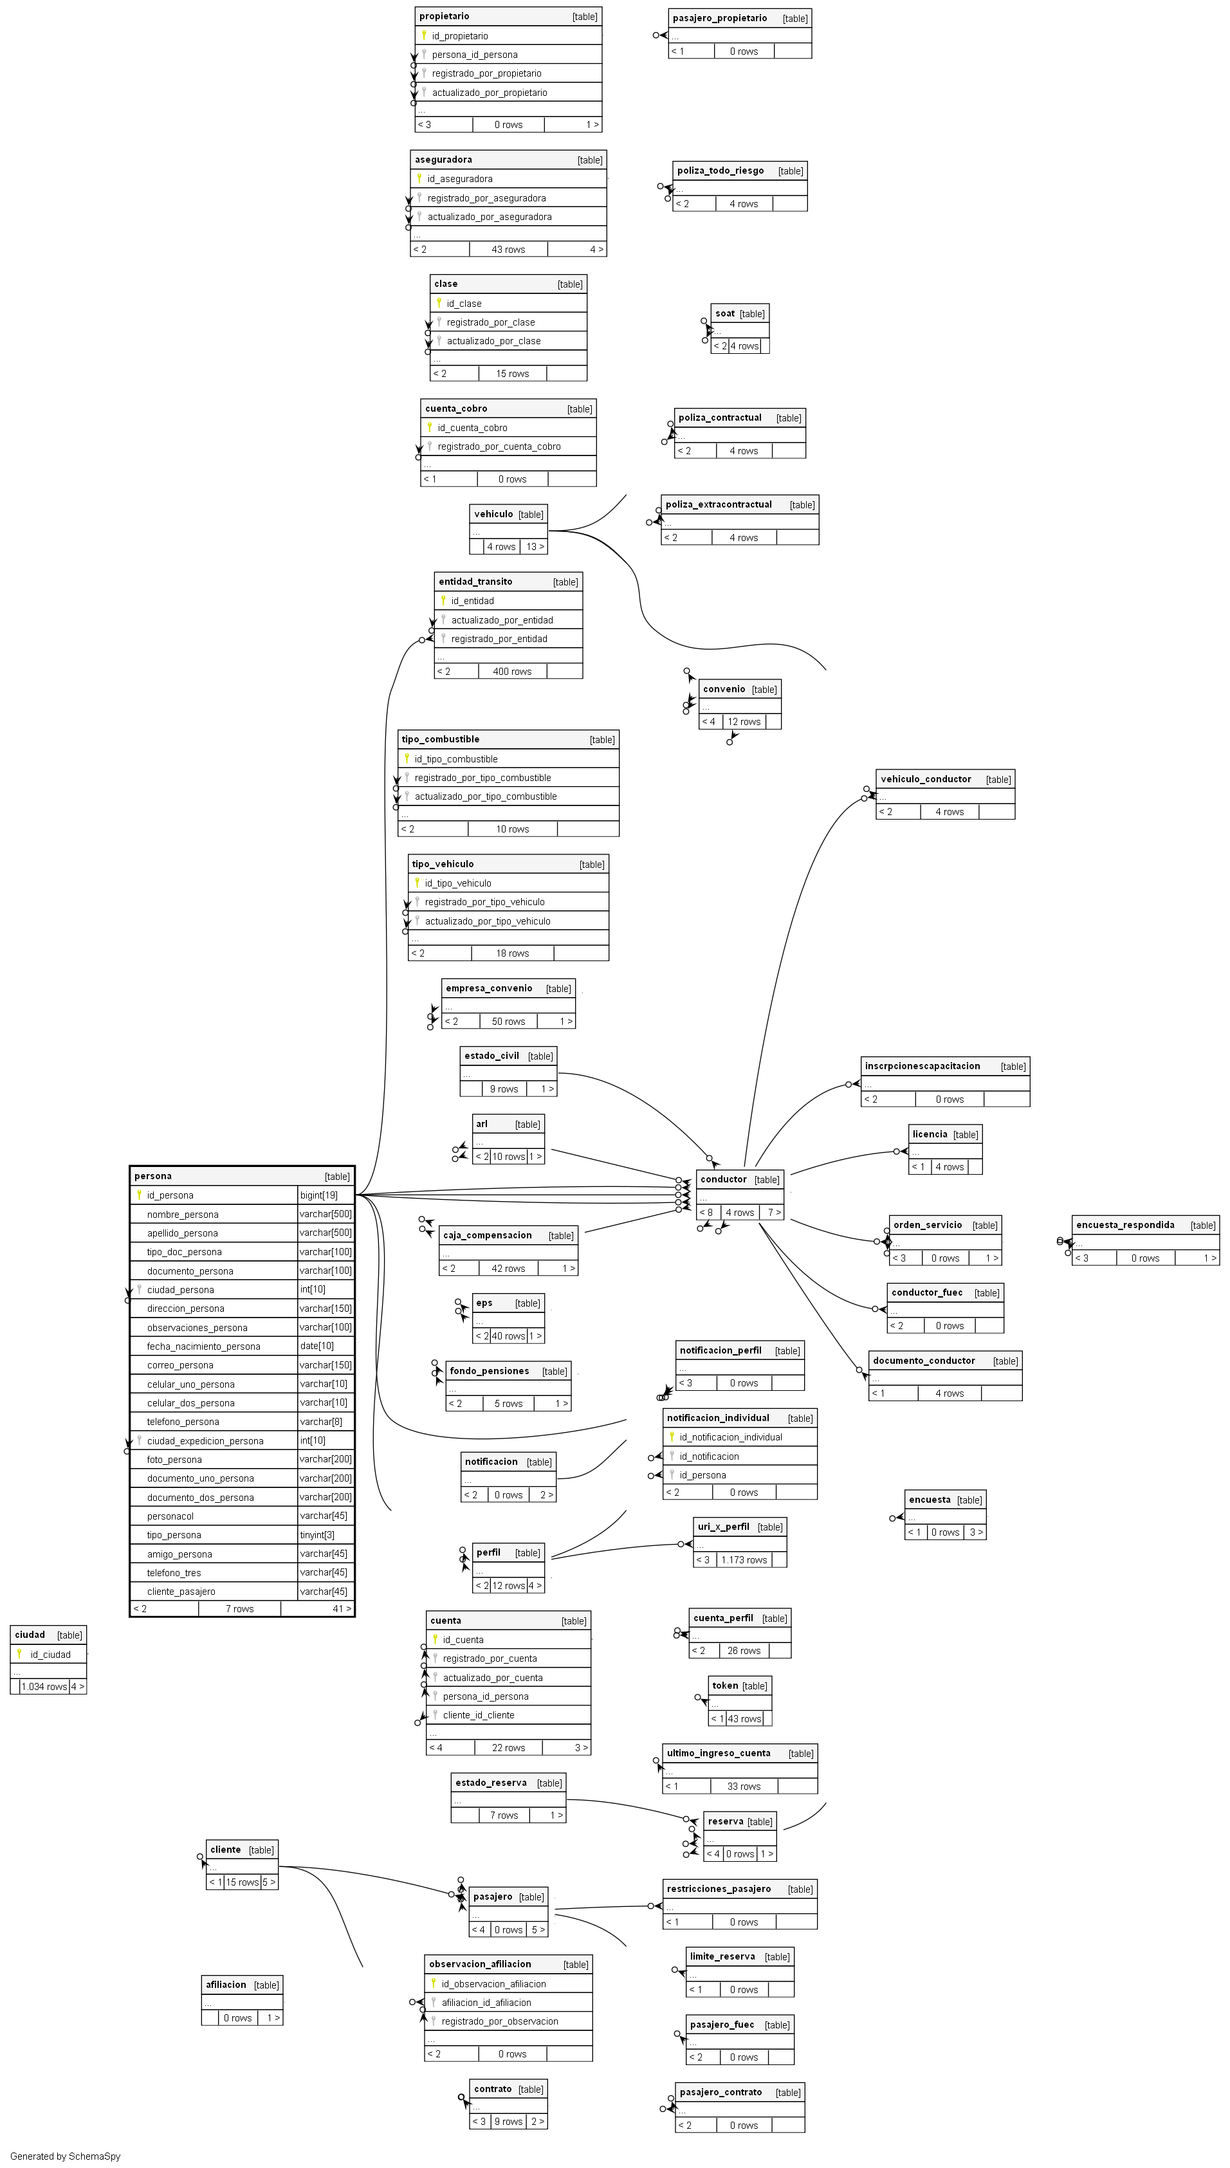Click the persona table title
pyautogui.click(x=153, y=1175)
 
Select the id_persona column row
pyautogui.click(x=170, y=1195)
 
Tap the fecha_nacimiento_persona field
pyautogui.click(x=203, y=1346)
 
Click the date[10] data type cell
pyautogui.click(x=317, y=1346)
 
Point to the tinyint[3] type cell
pyautogui.click(x=317, y=1534)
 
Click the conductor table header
pyautogui.click(x=724, y=1179)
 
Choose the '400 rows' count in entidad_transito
pyautogui.click(x=512, y=672)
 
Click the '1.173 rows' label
pyautogui.click(x=744, y=1560)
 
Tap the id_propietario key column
pyautogui.click(x=459, y=36)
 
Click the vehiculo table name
pyautogui.click(x=493, y=513)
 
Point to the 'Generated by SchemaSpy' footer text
pyautogui.click(x=65, y=2156)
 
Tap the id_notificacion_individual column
pyautogui.click(x=731, y=1437)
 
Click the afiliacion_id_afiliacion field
pyautogui.click(x=486, y=2003)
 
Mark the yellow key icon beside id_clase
pyautogui.click(x=439, y=302)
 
